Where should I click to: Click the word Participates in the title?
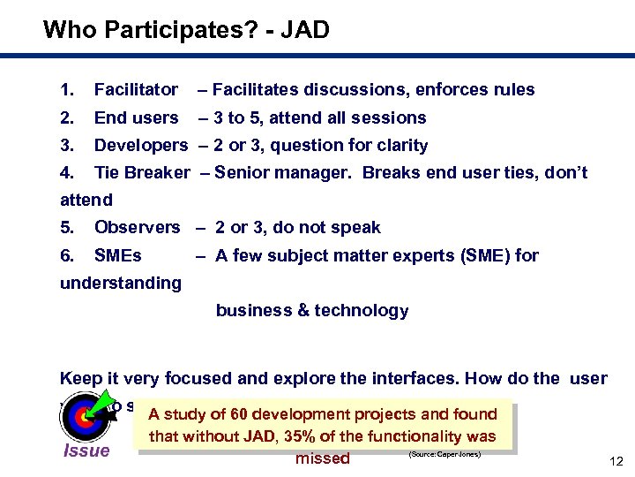[181, 31]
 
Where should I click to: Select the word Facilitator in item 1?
[136, 90]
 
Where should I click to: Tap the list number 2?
[67, 117]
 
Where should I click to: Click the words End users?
[136, 117]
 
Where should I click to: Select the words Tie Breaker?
[141, 172]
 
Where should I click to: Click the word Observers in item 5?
[137, 227]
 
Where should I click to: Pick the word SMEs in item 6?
[118, 255]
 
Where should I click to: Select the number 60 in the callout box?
[239, 414]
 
